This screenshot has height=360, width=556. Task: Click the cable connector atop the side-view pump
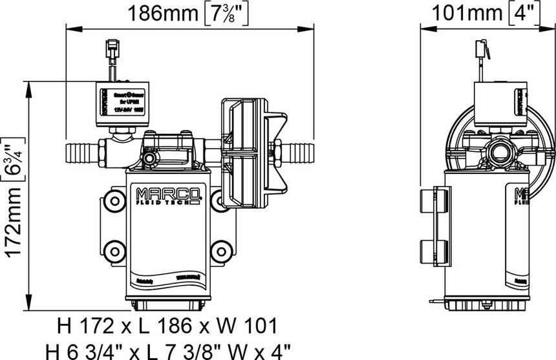click(481, 48)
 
